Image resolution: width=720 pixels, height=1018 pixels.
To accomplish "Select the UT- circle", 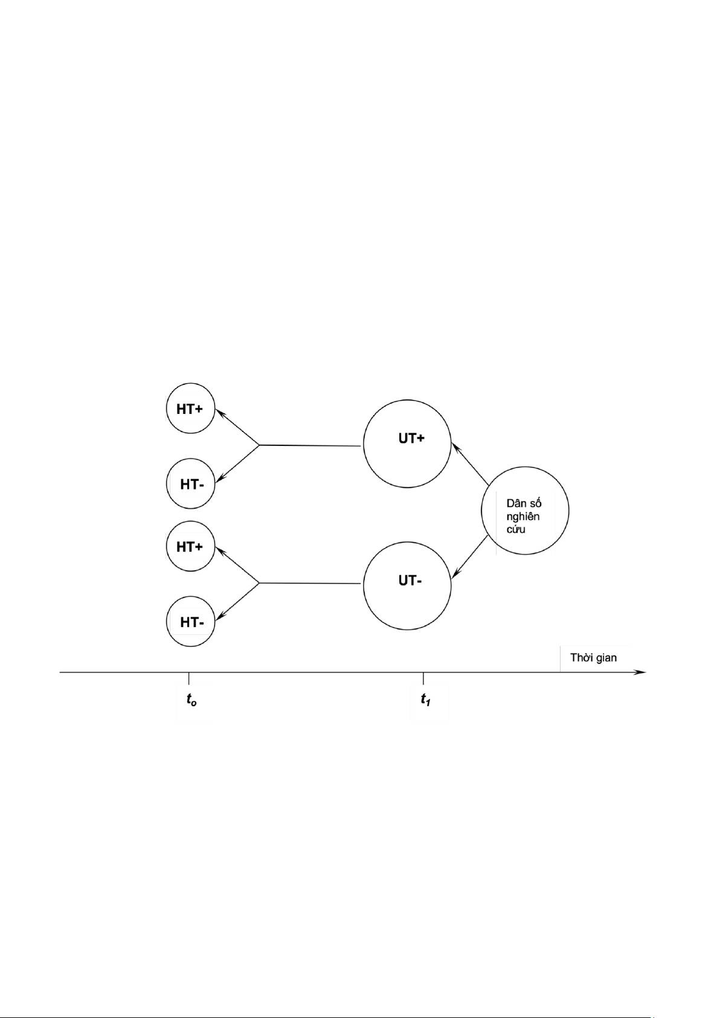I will point(407,585).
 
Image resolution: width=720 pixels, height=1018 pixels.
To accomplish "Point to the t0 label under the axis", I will point(191,700).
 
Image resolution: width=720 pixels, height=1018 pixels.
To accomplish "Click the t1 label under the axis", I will point(425,700).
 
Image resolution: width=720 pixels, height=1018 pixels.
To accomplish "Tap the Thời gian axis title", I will point(593,657).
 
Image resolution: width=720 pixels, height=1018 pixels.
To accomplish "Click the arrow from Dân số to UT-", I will point(470,558).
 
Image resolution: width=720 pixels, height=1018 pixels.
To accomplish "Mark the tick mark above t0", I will point(189,677).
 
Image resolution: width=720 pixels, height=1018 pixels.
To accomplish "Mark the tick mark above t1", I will point(423,677).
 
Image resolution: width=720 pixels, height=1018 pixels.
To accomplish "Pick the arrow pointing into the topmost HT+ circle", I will point(237,427).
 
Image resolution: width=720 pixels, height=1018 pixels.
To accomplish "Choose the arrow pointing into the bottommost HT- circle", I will point(237,602).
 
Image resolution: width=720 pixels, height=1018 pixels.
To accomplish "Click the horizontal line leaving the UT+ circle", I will point(311,445).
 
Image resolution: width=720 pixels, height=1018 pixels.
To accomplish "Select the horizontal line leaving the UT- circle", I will point(311,583).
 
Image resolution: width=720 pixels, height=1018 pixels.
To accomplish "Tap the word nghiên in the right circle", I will point(522,517).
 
